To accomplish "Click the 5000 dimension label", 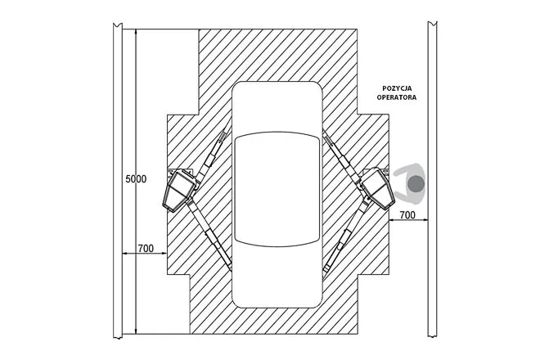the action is coord(136,179).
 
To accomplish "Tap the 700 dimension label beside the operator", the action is coord(407,215).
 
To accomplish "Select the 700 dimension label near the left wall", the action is coord(146,249).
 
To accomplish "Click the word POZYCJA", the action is coord(397,88).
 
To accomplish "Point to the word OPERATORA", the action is coord(397,97).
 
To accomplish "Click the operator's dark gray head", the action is coord(416,183).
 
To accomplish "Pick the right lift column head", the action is coord(377,188).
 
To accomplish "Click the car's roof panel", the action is coord(277,189).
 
